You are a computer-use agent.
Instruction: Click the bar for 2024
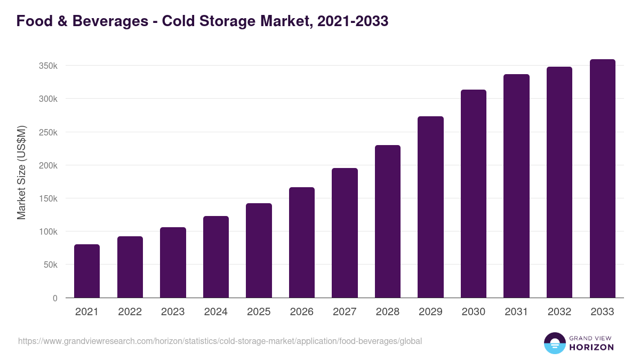click(216, 257)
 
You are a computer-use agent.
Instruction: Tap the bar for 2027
click(345, 233)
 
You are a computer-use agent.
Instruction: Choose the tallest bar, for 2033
click(602, 179)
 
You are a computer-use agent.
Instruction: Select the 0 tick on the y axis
click(55, 298)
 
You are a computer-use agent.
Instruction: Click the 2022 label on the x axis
click(130, 312)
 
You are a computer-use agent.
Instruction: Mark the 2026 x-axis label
click(302, 312)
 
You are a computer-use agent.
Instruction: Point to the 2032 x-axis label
click(559, 312)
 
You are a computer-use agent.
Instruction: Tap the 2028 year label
click(388, 312)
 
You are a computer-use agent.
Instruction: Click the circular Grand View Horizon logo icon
click(554, 343)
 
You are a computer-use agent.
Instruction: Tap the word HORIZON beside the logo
click(591, 347)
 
